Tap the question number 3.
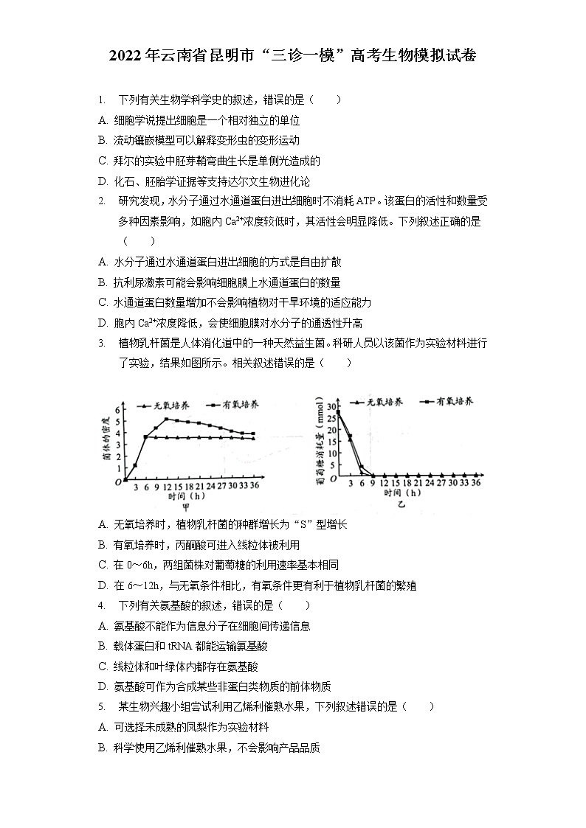pos(101,343)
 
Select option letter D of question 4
pos(102,685)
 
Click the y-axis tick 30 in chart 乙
pos(331,406)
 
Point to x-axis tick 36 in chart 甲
pos(254,486)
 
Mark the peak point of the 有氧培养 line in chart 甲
pos(167,420)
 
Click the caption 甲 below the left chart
pos(185,507)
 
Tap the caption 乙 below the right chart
pos(401,504)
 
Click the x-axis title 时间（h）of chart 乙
pos(402,493)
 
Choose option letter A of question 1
pos(102,120)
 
